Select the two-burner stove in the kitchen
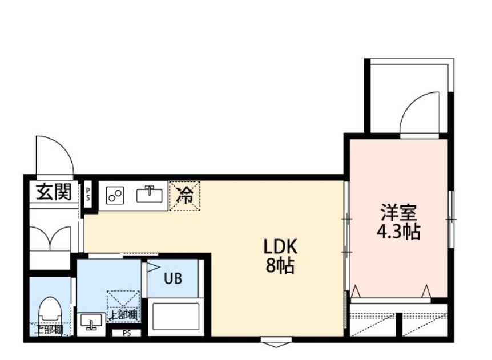pos(116,196)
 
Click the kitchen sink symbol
pos(149,195)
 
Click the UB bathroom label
pos(172,279)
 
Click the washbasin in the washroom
pos(90,323)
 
